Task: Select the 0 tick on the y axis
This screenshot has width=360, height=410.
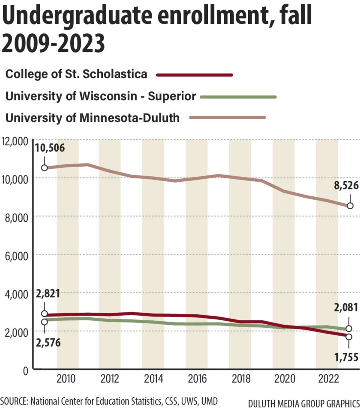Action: pos(25,370)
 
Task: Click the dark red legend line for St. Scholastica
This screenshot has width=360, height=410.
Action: pos(195,75)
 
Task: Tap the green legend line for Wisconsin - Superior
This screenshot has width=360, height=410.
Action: pos(238,96)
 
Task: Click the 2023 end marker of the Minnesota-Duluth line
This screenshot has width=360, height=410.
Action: pos(350,206)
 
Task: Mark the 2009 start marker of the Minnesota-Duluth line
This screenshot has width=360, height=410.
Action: pos(44,168)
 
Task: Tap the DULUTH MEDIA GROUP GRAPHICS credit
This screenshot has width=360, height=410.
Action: pos(303,404)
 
